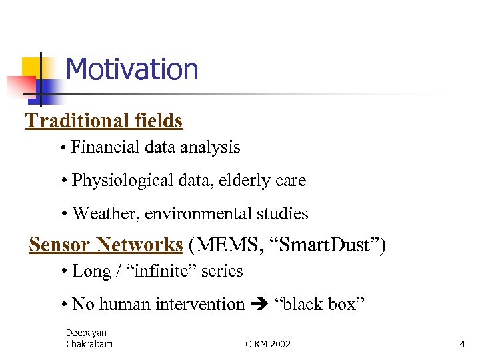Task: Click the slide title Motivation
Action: [132, 69]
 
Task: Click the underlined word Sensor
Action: [60, 245]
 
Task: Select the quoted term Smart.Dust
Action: [323, 245]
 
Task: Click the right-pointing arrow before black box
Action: [262, 305]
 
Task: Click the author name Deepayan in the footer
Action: [86, 332]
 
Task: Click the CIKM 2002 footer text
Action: [268, 344]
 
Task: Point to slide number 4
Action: [462, 344]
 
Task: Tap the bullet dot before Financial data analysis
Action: [61, 149]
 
